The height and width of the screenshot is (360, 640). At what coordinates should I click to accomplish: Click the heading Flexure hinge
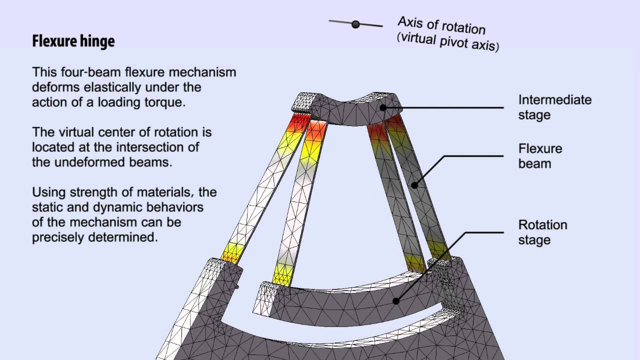[x=73, y=41]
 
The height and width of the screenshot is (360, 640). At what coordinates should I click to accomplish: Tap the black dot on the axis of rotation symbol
[x=355, y=24]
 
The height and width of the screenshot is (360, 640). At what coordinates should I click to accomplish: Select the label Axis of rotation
[x=441, y=25]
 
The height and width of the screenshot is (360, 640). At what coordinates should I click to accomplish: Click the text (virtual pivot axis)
[x=448, y=42]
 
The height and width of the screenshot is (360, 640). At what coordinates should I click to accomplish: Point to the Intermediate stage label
[x=555, y=107]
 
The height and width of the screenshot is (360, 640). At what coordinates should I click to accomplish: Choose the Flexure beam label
[x=540, y=156]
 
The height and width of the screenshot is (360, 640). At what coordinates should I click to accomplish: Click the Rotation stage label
[x=542, y=232]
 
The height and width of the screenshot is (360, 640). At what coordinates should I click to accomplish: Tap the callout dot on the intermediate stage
[x=383, y=107]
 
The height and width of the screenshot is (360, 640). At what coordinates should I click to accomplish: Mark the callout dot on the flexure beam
[x=414, y=185]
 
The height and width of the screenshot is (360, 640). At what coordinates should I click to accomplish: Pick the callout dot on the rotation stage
[x=396, y=301]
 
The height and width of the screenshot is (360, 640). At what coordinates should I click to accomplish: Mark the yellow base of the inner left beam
[x=283, y=275]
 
